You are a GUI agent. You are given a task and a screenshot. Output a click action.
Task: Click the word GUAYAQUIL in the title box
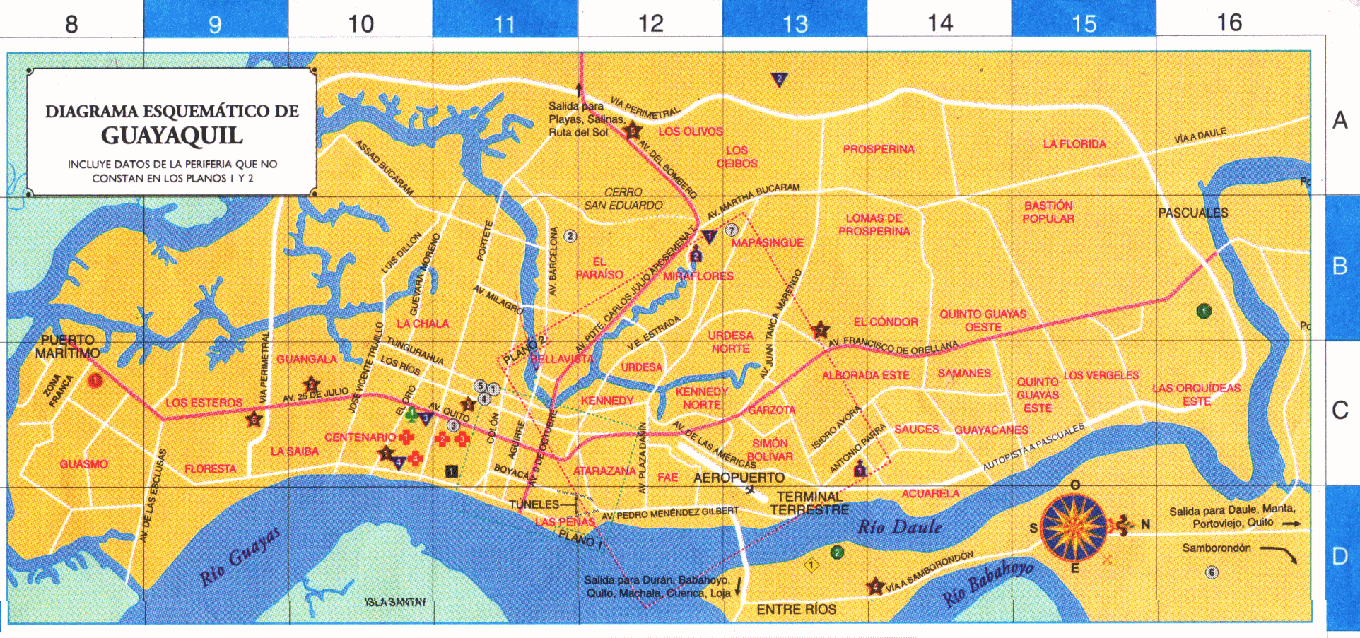[172, 135]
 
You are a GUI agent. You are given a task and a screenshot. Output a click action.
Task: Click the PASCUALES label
[1192, 213]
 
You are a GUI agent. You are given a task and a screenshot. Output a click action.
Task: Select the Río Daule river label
[899, 527]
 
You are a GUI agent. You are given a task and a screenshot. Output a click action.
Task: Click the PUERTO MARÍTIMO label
[67, 346]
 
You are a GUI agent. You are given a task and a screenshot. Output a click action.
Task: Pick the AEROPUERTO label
[739, 478]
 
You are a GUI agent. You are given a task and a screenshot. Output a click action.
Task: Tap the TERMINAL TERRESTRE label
[809, 503]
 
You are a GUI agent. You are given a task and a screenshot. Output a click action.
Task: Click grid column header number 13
[795, 24]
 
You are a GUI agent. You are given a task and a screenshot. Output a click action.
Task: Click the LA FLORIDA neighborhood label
[1074, 144]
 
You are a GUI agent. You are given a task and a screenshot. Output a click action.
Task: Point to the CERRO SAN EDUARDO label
[623, 199]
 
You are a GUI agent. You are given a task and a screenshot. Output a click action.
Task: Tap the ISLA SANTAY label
[396, 602]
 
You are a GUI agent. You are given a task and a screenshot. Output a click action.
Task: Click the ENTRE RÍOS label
[796, 609]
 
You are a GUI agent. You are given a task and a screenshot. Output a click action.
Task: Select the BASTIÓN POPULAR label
[1048, 212]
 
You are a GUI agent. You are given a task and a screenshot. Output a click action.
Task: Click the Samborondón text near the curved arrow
[1216, 548]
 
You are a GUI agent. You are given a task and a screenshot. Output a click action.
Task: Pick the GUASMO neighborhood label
[83, 464]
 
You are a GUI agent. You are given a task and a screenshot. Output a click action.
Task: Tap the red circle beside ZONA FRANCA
[95, 381]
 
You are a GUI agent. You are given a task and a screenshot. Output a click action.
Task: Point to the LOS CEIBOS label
[737, 157]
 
